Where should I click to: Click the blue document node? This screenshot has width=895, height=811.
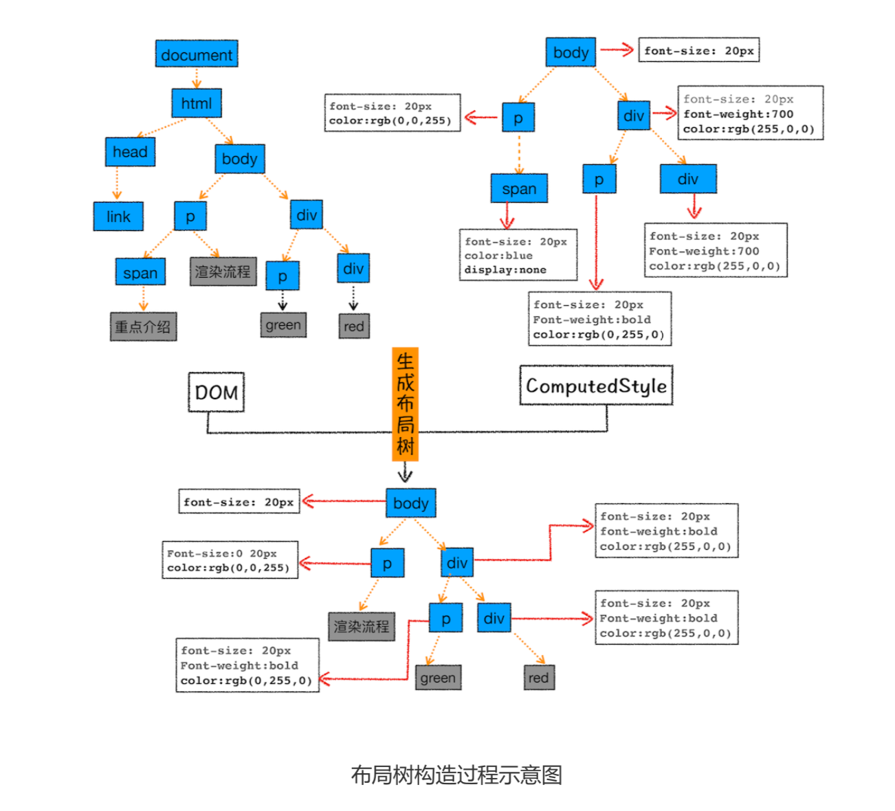[x=197, y=54]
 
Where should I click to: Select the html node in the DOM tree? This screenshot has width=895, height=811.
[x=197, y=104]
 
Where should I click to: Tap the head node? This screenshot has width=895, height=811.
[x=130, y=152]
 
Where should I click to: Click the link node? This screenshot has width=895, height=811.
[x=118, y=216]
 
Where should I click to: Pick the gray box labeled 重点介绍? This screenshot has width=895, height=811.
[x=143, y=326]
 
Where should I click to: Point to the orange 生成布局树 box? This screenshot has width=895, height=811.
[x=405, y=404]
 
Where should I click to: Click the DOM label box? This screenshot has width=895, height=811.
[x=217, y=392]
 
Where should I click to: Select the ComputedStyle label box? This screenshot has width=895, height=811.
[x=596, y=386]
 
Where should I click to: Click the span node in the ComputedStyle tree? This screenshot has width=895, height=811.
[x=519, y=188]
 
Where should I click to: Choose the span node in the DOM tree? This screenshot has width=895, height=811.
[x=140, y=272]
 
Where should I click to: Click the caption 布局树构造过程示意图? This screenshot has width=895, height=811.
[x=456, y=775]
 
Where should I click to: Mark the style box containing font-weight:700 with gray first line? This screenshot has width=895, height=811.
[x=750, y=113]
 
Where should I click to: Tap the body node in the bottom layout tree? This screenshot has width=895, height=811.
[x=410, y=503]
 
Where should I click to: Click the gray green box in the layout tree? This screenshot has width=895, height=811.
[x=438, y=678]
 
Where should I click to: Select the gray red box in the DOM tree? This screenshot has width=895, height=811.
[x=354, y=326]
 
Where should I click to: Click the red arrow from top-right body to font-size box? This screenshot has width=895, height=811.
[x=617, y=49]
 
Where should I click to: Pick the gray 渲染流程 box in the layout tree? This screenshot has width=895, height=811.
[x=362, y=626]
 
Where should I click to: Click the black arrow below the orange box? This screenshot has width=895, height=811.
[x=405, y=473]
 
